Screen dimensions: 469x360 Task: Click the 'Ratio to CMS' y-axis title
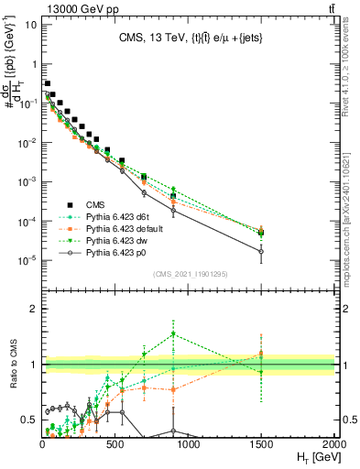click(x=14, y=378)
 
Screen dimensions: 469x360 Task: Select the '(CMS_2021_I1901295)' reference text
click(x=190, y=274)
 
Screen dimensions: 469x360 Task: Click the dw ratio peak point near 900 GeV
click(x=174, y=333)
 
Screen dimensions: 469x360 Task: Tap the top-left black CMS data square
click(x=47, y=83)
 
